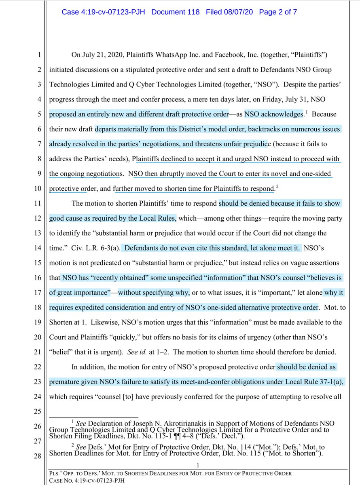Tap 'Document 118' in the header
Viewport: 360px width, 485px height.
coord(176,12)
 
